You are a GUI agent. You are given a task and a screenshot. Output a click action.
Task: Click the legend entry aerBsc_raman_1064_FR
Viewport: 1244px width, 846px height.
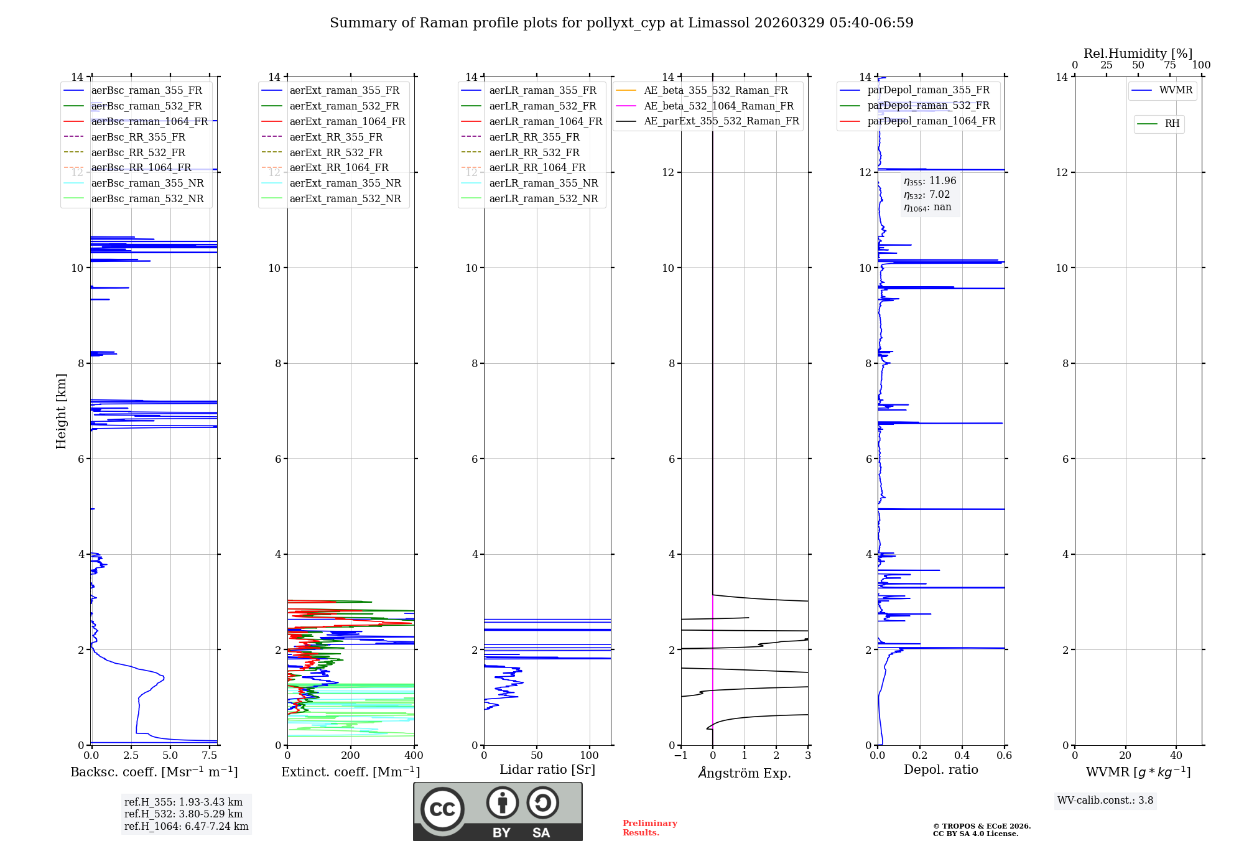pyautogui.click(x=149, y=122)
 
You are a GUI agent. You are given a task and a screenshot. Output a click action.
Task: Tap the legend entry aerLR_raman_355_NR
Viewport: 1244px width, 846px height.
pyautogui.click(x=543, y=184)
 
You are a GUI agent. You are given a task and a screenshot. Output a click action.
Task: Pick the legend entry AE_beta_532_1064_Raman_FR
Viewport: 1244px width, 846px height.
pyautogui.click(x=718, y=106)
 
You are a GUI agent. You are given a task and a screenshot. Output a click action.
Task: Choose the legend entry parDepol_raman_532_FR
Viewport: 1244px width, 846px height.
pyautogui.click(x=928, y=106)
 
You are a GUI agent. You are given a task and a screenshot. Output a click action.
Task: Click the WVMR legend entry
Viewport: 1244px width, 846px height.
pyautogui.click(x=1176, y=91)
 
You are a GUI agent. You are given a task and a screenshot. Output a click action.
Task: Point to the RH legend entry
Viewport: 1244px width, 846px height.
pyautogui.click(x=1172, y=124)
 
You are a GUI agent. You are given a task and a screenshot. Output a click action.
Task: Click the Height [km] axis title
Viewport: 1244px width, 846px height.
pyautogui.click(x=61, y=411)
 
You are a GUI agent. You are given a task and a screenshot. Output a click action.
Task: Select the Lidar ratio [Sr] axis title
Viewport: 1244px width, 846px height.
pyautogui.click(x=547, y=770)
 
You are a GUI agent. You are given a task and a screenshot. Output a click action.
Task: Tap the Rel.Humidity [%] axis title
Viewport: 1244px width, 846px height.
pyautogui.click(x=1138, y=53)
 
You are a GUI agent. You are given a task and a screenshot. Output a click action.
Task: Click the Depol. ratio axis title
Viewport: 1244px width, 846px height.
pyautogui.click(x=940, y=770)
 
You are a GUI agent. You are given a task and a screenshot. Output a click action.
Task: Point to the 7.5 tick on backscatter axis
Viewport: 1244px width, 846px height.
pyautogui.click(x=210, y=756)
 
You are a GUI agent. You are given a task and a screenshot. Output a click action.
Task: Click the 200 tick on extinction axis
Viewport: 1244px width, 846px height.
pyautogui.click(x=351, y=756)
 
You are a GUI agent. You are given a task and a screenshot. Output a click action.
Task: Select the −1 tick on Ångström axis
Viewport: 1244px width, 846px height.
pyautogui.click(x=681, y=756)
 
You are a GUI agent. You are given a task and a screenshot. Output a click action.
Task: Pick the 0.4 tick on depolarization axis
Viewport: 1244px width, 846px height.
pyautogui.click(x=962, y=756)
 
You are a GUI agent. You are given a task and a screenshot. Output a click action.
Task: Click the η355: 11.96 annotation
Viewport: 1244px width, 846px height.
pyautogui.click(x=930, y=181)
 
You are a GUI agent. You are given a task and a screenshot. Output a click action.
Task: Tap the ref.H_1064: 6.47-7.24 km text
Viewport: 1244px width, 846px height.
pyautogui.click(x=186, y=827)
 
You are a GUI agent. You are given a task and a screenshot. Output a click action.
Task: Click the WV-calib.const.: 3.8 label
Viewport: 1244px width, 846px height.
pyautogui.click(x=1105, y=801)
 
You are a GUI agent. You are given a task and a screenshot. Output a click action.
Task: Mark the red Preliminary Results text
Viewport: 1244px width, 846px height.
pyautogui.click(x=649, y=828)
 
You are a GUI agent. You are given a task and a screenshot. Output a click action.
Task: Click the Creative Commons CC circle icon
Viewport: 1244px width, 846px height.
pyautogui.click(x=442, y=809)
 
